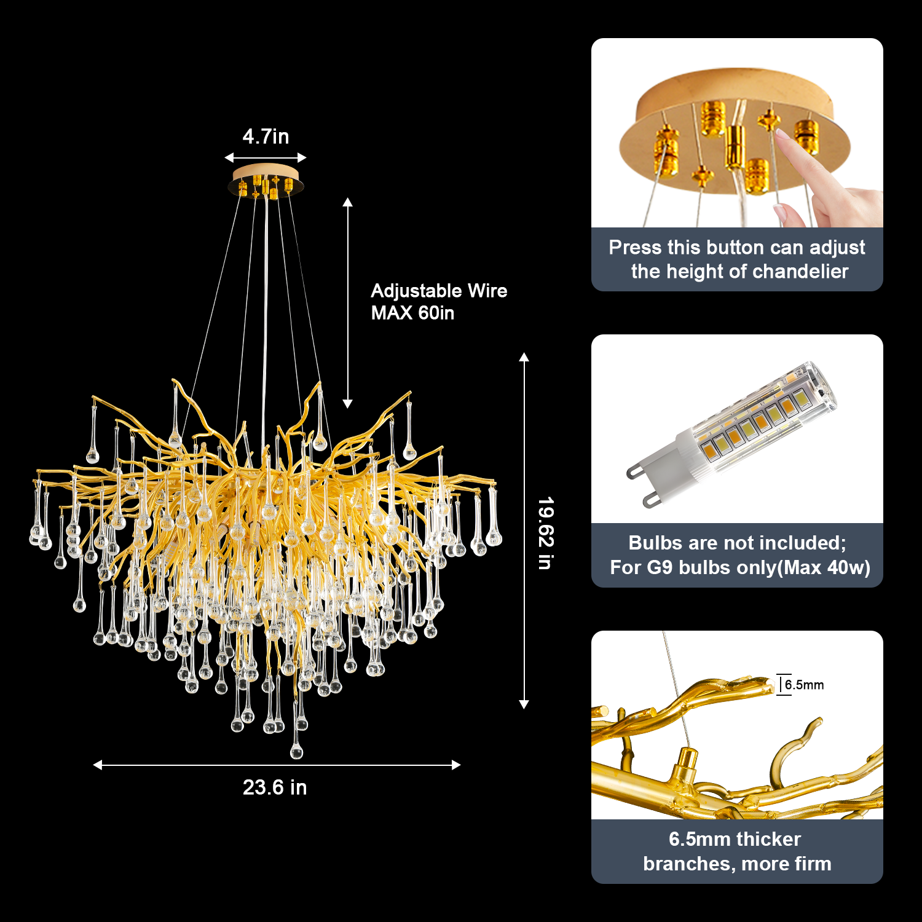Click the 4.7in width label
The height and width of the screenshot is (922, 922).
click(x=266, y=136)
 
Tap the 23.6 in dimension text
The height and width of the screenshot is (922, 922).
click(x=275, y=787)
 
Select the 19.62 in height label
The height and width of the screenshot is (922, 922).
click(x=546, y=534)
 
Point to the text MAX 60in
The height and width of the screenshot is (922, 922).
click(x=412, y=313)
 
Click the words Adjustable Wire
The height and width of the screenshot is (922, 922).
click(x=439, y=291)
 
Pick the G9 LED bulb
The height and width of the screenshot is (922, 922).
click(x=731, y=433)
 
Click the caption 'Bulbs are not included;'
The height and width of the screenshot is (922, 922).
click(x=737, y=543)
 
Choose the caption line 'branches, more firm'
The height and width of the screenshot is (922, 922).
click(x=737, y=864)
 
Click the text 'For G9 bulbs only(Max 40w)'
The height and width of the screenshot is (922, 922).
click(x=740, y=567)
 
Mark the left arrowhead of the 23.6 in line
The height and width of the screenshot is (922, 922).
click(x=97, y=765)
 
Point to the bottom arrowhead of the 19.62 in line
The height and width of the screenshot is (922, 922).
click(x=524, y=704)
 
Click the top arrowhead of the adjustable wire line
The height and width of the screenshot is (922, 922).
click(x=347, y=202)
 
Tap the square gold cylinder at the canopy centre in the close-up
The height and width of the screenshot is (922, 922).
click(x=733, y=146)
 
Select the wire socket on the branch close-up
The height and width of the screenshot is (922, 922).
click(x=684, y=766)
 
